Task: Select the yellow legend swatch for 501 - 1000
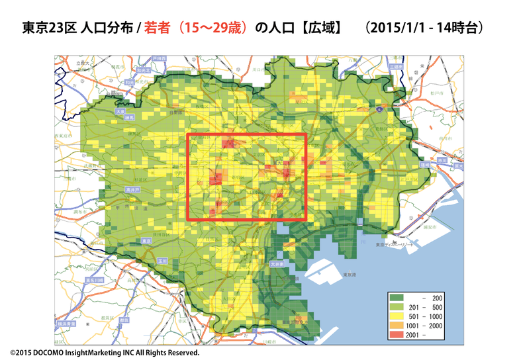click(x=400, y=316)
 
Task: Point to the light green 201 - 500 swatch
click(x=400, y=308)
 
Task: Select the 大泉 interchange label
click(x=120, y=112)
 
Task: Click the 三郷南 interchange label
click(x=397, y=67)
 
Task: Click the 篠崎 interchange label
click(x=424, y=163)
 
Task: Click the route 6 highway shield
click(x=378, y=108)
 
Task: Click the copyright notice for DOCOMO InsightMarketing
click(x=105, y=353)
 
